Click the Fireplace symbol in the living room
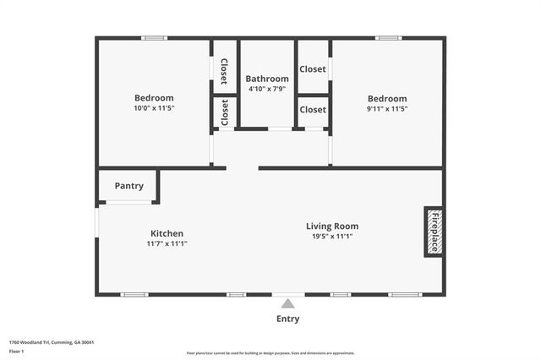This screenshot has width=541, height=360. [434, 232]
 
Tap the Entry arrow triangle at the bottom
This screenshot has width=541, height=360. [288, 303]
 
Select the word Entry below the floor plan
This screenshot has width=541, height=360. [287, 319]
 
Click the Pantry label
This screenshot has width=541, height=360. [128, 186]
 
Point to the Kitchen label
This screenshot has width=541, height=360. [167, 233]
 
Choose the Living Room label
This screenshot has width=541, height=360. [332, 226]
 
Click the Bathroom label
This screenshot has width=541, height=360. [267, 79]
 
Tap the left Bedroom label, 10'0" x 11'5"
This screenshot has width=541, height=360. [154, 98]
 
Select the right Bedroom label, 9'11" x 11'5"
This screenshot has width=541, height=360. [386, 98]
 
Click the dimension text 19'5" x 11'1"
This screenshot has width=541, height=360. [332, 237]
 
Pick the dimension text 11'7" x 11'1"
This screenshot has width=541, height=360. [167, 243]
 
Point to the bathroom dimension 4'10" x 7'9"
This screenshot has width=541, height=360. [267, 90]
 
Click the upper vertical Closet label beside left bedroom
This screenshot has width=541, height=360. [224, 73]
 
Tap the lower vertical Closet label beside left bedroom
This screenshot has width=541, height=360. [224, 112]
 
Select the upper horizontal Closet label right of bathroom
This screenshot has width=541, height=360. [313, 69]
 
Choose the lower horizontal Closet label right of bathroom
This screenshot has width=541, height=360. [313, 110]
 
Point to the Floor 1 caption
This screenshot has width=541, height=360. [17, 351]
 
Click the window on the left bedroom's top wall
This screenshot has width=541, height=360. [154, 38]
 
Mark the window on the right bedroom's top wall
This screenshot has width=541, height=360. [388, 38]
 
